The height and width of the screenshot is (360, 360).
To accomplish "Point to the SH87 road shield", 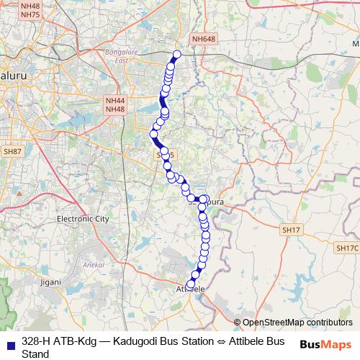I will pyautogui.click(x=12, y=152).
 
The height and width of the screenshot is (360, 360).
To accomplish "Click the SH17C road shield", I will pyautogui.click(x=346, y=247).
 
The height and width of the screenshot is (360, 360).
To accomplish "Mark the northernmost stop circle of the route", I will pyautogui.click(x=176, y=54).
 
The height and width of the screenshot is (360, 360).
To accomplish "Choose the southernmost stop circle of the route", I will pyautogui.click(x=190, y=284).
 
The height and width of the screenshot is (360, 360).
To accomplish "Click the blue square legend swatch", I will pyautogui.click(x=9, y=341).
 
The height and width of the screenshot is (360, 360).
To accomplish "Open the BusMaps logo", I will pyautogui.click(x=325, y=345).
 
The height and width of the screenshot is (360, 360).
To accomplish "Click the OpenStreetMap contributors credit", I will pyautogui.click(x=297, y=323).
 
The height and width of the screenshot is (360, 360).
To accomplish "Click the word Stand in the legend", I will pyautogui.click(x=35, y=354).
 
